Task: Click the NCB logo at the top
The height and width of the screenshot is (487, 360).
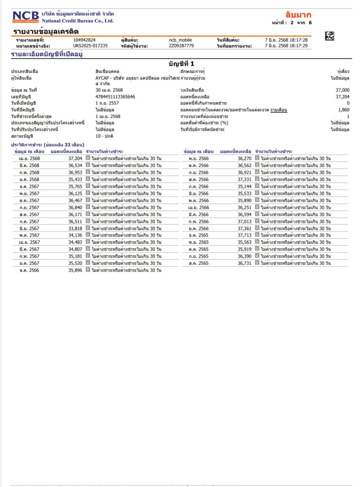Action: pos(25,17)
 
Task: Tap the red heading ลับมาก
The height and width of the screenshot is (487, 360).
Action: pos(298,15)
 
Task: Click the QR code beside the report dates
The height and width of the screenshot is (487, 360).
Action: pos(330,36)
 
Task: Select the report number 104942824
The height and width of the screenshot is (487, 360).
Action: pos(84,40)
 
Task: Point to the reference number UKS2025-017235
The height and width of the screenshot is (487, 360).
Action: pos(90,46)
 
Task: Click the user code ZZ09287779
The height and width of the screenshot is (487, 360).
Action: pos(181,46)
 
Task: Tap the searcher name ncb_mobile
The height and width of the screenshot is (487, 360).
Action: pos(180,40)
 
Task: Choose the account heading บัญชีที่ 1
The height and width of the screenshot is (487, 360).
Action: pos(181,64)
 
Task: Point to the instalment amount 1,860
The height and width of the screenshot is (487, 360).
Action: pos(344,110)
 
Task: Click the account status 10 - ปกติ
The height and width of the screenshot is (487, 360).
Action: pos(104,136)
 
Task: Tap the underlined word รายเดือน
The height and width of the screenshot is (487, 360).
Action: pos(279,110)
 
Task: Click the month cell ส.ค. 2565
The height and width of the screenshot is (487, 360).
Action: pos(198,263)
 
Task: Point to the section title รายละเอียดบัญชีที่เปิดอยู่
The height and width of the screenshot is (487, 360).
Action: pos(47,54)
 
